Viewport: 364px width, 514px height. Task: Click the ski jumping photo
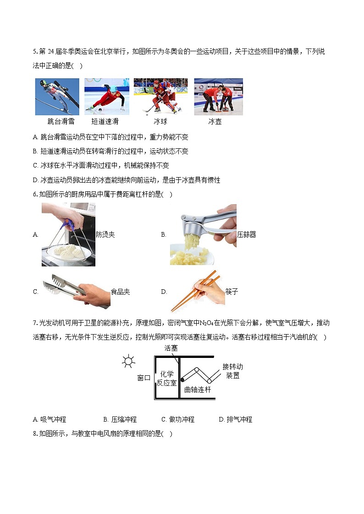click(x=57, y=97)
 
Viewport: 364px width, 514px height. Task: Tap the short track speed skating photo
click(x=106, y=97)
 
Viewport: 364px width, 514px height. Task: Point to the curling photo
click(x=218, y=97)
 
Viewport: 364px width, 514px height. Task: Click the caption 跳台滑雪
click(x=61, y=122)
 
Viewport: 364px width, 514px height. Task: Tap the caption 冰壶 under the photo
click(x=215, y=122)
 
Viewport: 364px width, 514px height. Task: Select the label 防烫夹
click(x=105, y=234)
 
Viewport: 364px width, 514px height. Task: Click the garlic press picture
click(x=203, y=234)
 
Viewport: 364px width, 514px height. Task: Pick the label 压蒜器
click(x=247, y=234)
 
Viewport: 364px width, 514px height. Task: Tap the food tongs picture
click(x=76, y=291)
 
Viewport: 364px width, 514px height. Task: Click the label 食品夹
click(x=120, y=292)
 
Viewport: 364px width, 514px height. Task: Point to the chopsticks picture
click(x=198, y=291)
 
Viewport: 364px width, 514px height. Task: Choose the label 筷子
click(x=232, y=292)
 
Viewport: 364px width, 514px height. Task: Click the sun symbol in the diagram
click(x=128, y=362)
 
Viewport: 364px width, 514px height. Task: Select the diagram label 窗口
click(x=144, y=378)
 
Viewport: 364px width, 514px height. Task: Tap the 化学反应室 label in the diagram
click(x=166, y=379)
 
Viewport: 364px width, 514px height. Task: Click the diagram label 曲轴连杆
click(x=198, y=390)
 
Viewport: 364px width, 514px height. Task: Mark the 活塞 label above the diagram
click(x=171, y=348)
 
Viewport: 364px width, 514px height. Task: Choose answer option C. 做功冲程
click(x=178, y=419)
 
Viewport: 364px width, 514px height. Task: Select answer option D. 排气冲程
click(x=236, y=419)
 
